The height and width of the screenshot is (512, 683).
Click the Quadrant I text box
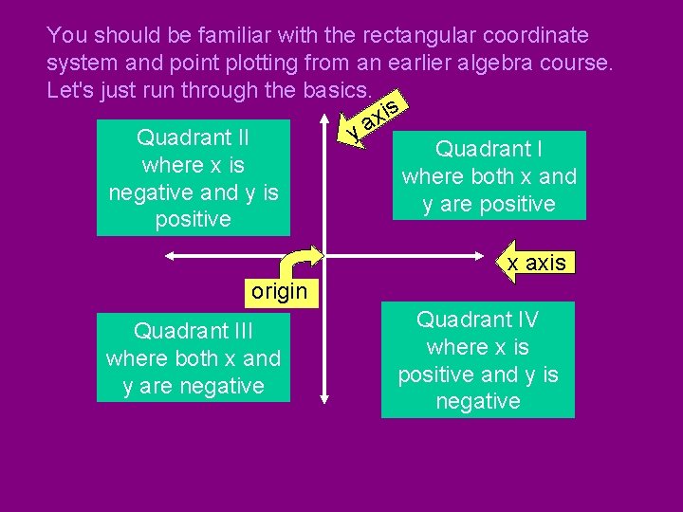point(489,175)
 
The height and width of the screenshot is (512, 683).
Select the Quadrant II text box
point(193,177)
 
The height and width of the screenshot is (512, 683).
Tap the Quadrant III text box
point(193,357)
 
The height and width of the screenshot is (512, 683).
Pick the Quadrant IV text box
point(477,359)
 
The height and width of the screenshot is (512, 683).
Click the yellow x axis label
point(536,263)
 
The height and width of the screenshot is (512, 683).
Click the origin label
point(279,291)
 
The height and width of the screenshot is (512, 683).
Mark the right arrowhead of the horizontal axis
point(481,255)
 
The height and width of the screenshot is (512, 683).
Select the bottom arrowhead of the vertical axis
point(324,402)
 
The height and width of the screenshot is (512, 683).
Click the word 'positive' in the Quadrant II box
point(193,219)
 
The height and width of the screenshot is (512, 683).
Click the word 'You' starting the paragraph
point(66,36)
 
